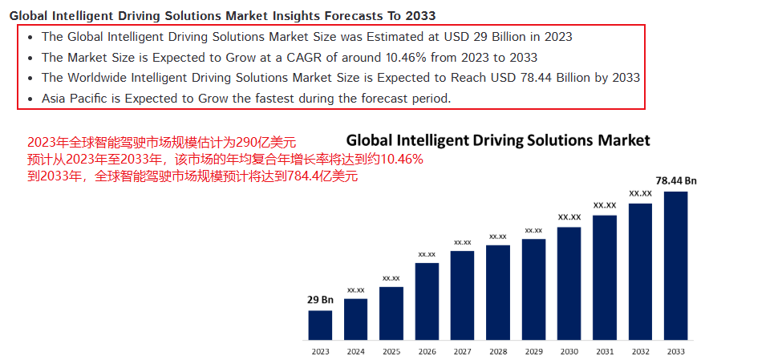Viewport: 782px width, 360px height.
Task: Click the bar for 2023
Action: (321, 326)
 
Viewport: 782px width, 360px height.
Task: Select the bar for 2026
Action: (427, 301)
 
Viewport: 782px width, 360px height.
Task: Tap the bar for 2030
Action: (569, 284)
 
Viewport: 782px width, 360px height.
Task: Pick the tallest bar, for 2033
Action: (675, 266)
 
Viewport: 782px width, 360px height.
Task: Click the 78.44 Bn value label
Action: (676, 181)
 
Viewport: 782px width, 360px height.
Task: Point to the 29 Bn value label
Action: (321, 300)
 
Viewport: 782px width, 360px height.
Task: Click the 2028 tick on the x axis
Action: (498, 351)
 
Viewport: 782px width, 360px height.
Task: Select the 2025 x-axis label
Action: (391, 351)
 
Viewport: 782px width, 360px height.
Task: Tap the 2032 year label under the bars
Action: (640, 351)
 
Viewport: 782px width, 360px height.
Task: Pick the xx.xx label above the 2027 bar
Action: (463, 241)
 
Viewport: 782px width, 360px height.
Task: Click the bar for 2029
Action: (533, 289)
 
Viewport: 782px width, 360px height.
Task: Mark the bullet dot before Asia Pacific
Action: (30, 99)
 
